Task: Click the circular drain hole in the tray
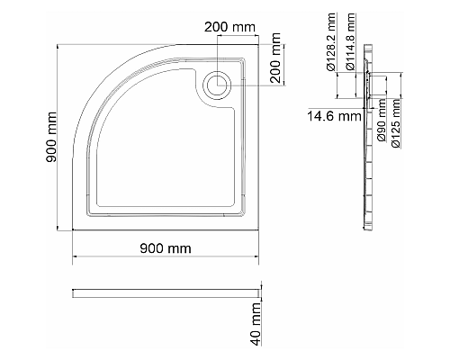217,85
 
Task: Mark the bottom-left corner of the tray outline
73,229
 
